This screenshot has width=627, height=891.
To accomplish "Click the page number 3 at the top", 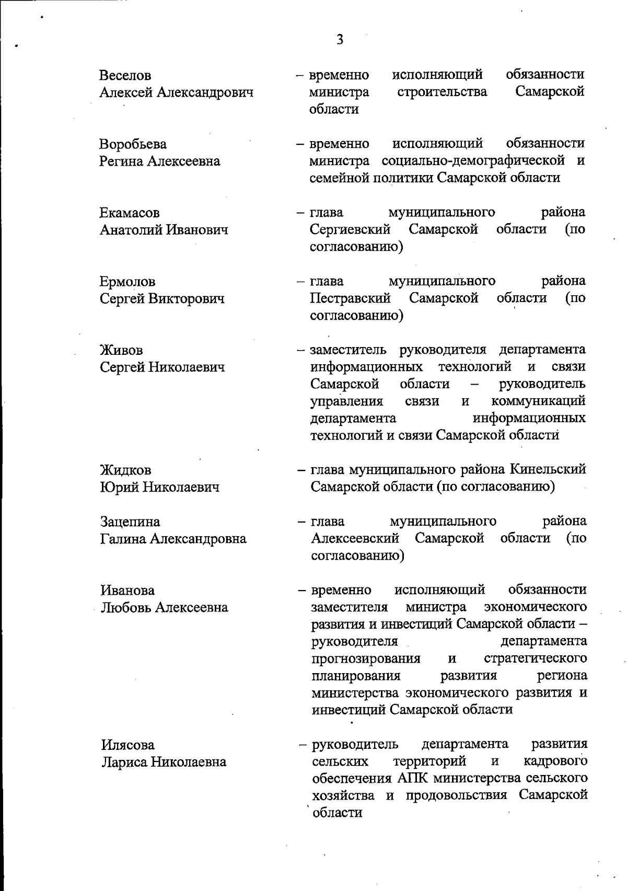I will click(x=340, y=40).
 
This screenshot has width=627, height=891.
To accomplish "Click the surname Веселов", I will click(x=125, y=76).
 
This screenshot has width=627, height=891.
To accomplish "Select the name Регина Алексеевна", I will click(x=160, y=161).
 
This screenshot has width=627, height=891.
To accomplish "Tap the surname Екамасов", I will click(x=130, y=213).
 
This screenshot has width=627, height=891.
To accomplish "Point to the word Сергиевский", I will click(x=350, y=229).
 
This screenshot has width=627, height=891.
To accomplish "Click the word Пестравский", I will click(x=350, y=298).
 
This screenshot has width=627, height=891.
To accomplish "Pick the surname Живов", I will click(x=121, y=350).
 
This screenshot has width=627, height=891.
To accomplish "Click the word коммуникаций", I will click(x=538, y=401).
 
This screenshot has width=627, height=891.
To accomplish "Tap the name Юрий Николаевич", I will click(x=160, y=488).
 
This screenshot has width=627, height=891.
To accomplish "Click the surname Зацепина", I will click(x=130, y=522).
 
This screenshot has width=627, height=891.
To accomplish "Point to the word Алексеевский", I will click(x=355, y=538).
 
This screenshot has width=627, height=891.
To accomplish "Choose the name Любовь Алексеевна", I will click(x=165, y=607).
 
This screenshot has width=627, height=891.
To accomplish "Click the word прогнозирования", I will click(x=366, y=658).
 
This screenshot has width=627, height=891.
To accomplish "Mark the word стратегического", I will click(x=535, y=658).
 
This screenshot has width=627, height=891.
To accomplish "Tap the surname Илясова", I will click(x=127, y=745).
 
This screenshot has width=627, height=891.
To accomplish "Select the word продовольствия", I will click(x=454, y=795).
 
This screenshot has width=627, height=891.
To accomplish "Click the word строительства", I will click(x=442, y=92).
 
